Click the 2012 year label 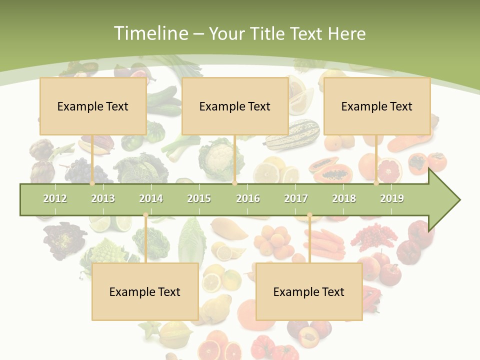coord(55,198)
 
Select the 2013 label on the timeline coord(103,198)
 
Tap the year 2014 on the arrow coord(151,198)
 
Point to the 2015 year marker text coord(199,198)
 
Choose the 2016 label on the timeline coord(248,198)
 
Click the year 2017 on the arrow coord(296,198)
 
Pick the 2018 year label coord(344,198)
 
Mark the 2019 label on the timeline coord(392,198)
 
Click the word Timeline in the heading coord(149,33)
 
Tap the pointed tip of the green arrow coord(458,200)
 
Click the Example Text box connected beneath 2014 coord(145,291)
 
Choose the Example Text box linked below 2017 coord(309,291)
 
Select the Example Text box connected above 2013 coord(93,106)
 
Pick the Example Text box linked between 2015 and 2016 coord(235,106)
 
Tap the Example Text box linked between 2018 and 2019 coord(377,106)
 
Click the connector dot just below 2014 coord(145,215)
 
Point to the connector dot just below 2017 coord(309,215)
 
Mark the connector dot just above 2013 coord(92,183)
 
